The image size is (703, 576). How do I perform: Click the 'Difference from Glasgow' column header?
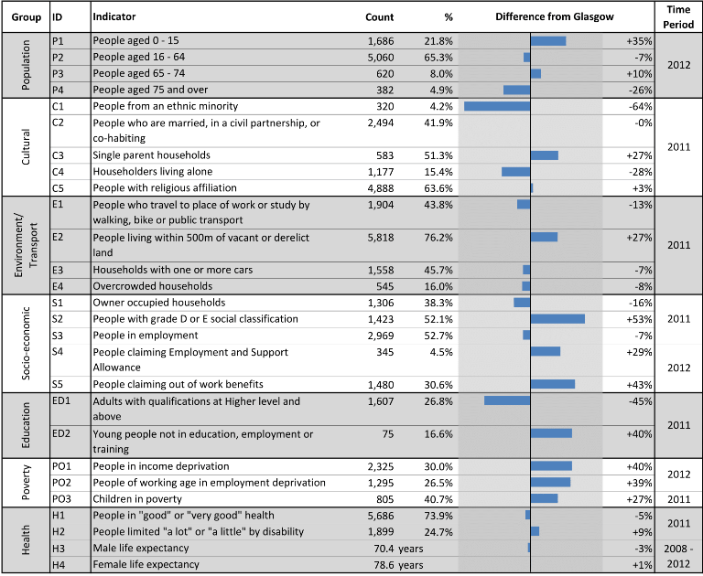click(x=554, y=17)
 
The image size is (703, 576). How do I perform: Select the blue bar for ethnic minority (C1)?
click(x=497, y=106)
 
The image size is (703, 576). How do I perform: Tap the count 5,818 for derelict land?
click(x=381, y=238)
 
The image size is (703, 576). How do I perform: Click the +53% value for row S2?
click(x=639, y=319)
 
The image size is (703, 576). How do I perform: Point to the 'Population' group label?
click(x=26, y=65)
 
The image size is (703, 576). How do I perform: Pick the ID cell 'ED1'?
click(x=61, y=400)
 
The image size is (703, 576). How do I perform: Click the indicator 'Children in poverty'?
click(x=137, y=499)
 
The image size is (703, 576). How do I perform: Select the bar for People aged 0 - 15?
click(x=548, y=41)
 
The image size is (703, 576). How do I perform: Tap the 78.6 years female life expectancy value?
click(x=398, y=565)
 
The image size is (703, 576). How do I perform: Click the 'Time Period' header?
click(x=678, y=17)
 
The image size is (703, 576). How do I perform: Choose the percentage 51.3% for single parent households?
click(x=438, y=155)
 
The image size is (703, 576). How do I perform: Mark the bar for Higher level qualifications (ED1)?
click(x=507, y=400)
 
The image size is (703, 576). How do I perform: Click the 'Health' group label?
click(x=26, y=539)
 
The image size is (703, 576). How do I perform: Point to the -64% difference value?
click(x=640, y=107)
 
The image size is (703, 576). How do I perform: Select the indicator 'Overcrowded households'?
click(x=153, y=286)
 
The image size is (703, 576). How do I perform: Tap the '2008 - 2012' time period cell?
click(x=678, y=556)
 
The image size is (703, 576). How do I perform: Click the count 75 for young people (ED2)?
click(x=387, y=434)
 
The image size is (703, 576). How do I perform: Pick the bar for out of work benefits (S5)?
click(x=552, y=384)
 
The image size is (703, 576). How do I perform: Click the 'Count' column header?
click(x=379, y=17)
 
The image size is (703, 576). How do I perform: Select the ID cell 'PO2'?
click(x=61, y=483)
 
